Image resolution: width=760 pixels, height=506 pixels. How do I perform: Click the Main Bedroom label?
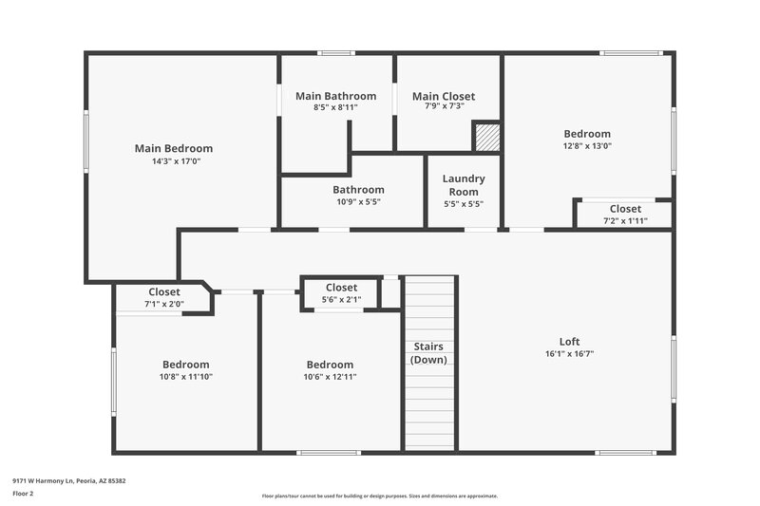(173, 148)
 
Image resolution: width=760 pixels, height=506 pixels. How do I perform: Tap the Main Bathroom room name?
(335, 96)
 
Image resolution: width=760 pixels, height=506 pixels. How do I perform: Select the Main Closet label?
(444, 96)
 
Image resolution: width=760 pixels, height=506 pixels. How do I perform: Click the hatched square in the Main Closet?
(487, 137)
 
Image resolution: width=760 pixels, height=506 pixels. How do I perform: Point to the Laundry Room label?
(464, 185)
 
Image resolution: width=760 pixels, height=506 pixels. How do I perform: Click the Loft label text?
(569, 342)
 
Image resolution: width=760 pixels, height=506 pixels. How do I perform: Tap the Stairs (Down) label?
(428, 353)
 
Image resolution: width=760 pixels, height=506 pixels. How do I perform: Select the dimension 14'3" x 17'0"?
(173, 161)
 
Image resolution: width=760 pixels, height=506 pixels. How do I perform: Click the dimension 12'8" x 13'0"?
(587, 146)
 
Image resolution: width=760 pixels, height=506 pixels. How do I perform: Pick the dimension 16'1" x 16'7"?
(569, 354)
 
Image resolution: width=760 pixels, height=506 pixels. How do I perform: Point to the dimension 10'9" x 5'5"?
(358, 202)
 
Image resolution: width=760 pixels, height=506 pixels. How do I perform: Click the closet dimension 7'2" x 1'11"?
(625, 221)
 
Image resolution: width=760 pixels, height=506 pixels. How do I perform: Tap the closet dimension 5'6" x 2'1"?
(341, 300)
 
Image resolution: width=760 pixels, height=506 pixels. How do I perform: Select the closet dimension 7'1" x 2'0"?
(163, 305)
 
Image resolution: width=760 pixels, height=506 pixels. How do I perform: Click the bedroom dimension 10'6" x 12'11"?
(330, 377)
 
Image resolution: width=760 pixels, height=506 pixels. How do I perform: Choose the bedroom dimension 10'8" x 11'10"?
(185, 377)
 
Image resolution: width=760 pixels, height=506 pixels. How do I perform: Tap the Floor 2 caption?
(23, 494)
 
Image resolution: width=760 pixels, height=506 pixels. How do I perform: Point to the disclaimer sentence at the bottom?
(379, 496)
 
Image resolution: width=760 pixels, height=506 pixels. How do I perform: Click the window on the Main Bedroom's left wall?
(86, 141)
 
